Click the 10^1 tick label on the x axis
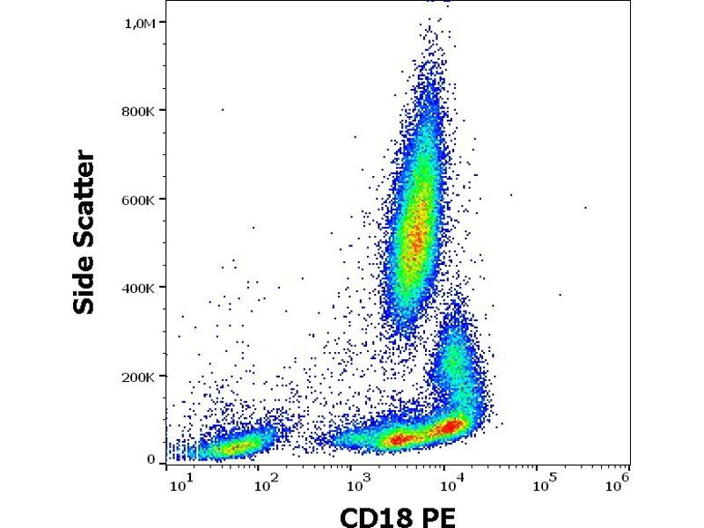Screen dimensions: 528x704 coord(180,481)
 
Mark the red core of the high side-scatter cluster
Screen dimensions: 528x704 coord(416,229)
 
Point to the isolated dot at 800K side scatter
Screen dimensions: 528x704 coord(222,110)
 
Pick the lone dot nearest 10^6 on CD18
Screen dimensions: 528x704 coord(585,208)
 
